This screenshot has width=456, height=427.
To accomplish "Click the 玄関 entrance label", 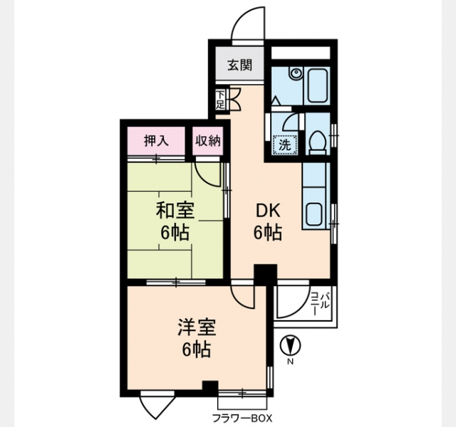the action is tap(239, 65).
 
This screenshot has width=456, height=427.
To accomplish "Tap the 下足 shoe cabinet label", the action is tap(220, 100).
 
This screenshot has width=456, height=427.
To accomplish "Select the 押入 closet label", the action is tap(156, 141).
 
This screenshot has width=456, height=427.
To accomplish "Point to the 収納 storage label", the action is tap(207, 141).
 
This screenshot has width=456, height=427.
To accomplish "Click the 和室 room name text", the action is tap(175, 211).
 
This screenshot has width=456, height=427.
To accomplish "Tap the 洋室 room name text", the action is tap(197, 327).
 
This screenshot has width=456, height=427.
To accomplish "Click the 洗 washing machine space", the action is tap(285, 145).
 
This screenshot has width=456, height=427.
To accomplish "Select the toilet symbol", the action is tap(318, 142).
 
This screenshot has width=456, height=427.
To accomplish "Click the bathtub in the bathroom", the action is tap(316, 85).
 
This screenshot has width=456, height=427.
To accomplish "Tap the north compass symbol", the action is tap(290, 346).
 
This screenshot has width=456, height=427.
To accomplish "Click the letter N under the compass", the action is tap(290, 362).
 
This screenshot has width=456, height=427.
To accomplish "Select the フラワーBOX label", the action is tap(242, 418).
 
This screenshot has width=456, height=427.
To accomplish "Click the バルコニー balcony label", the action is tap(320, 304).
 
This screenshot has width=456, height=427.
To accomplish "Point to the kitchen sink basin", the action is tap(314, 213).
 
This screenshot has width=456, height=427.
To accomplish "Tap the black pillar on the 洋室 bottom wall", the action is tap(210, 388).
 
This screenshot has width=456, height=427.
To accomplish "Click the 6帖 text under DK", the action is tap(268, 233).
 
